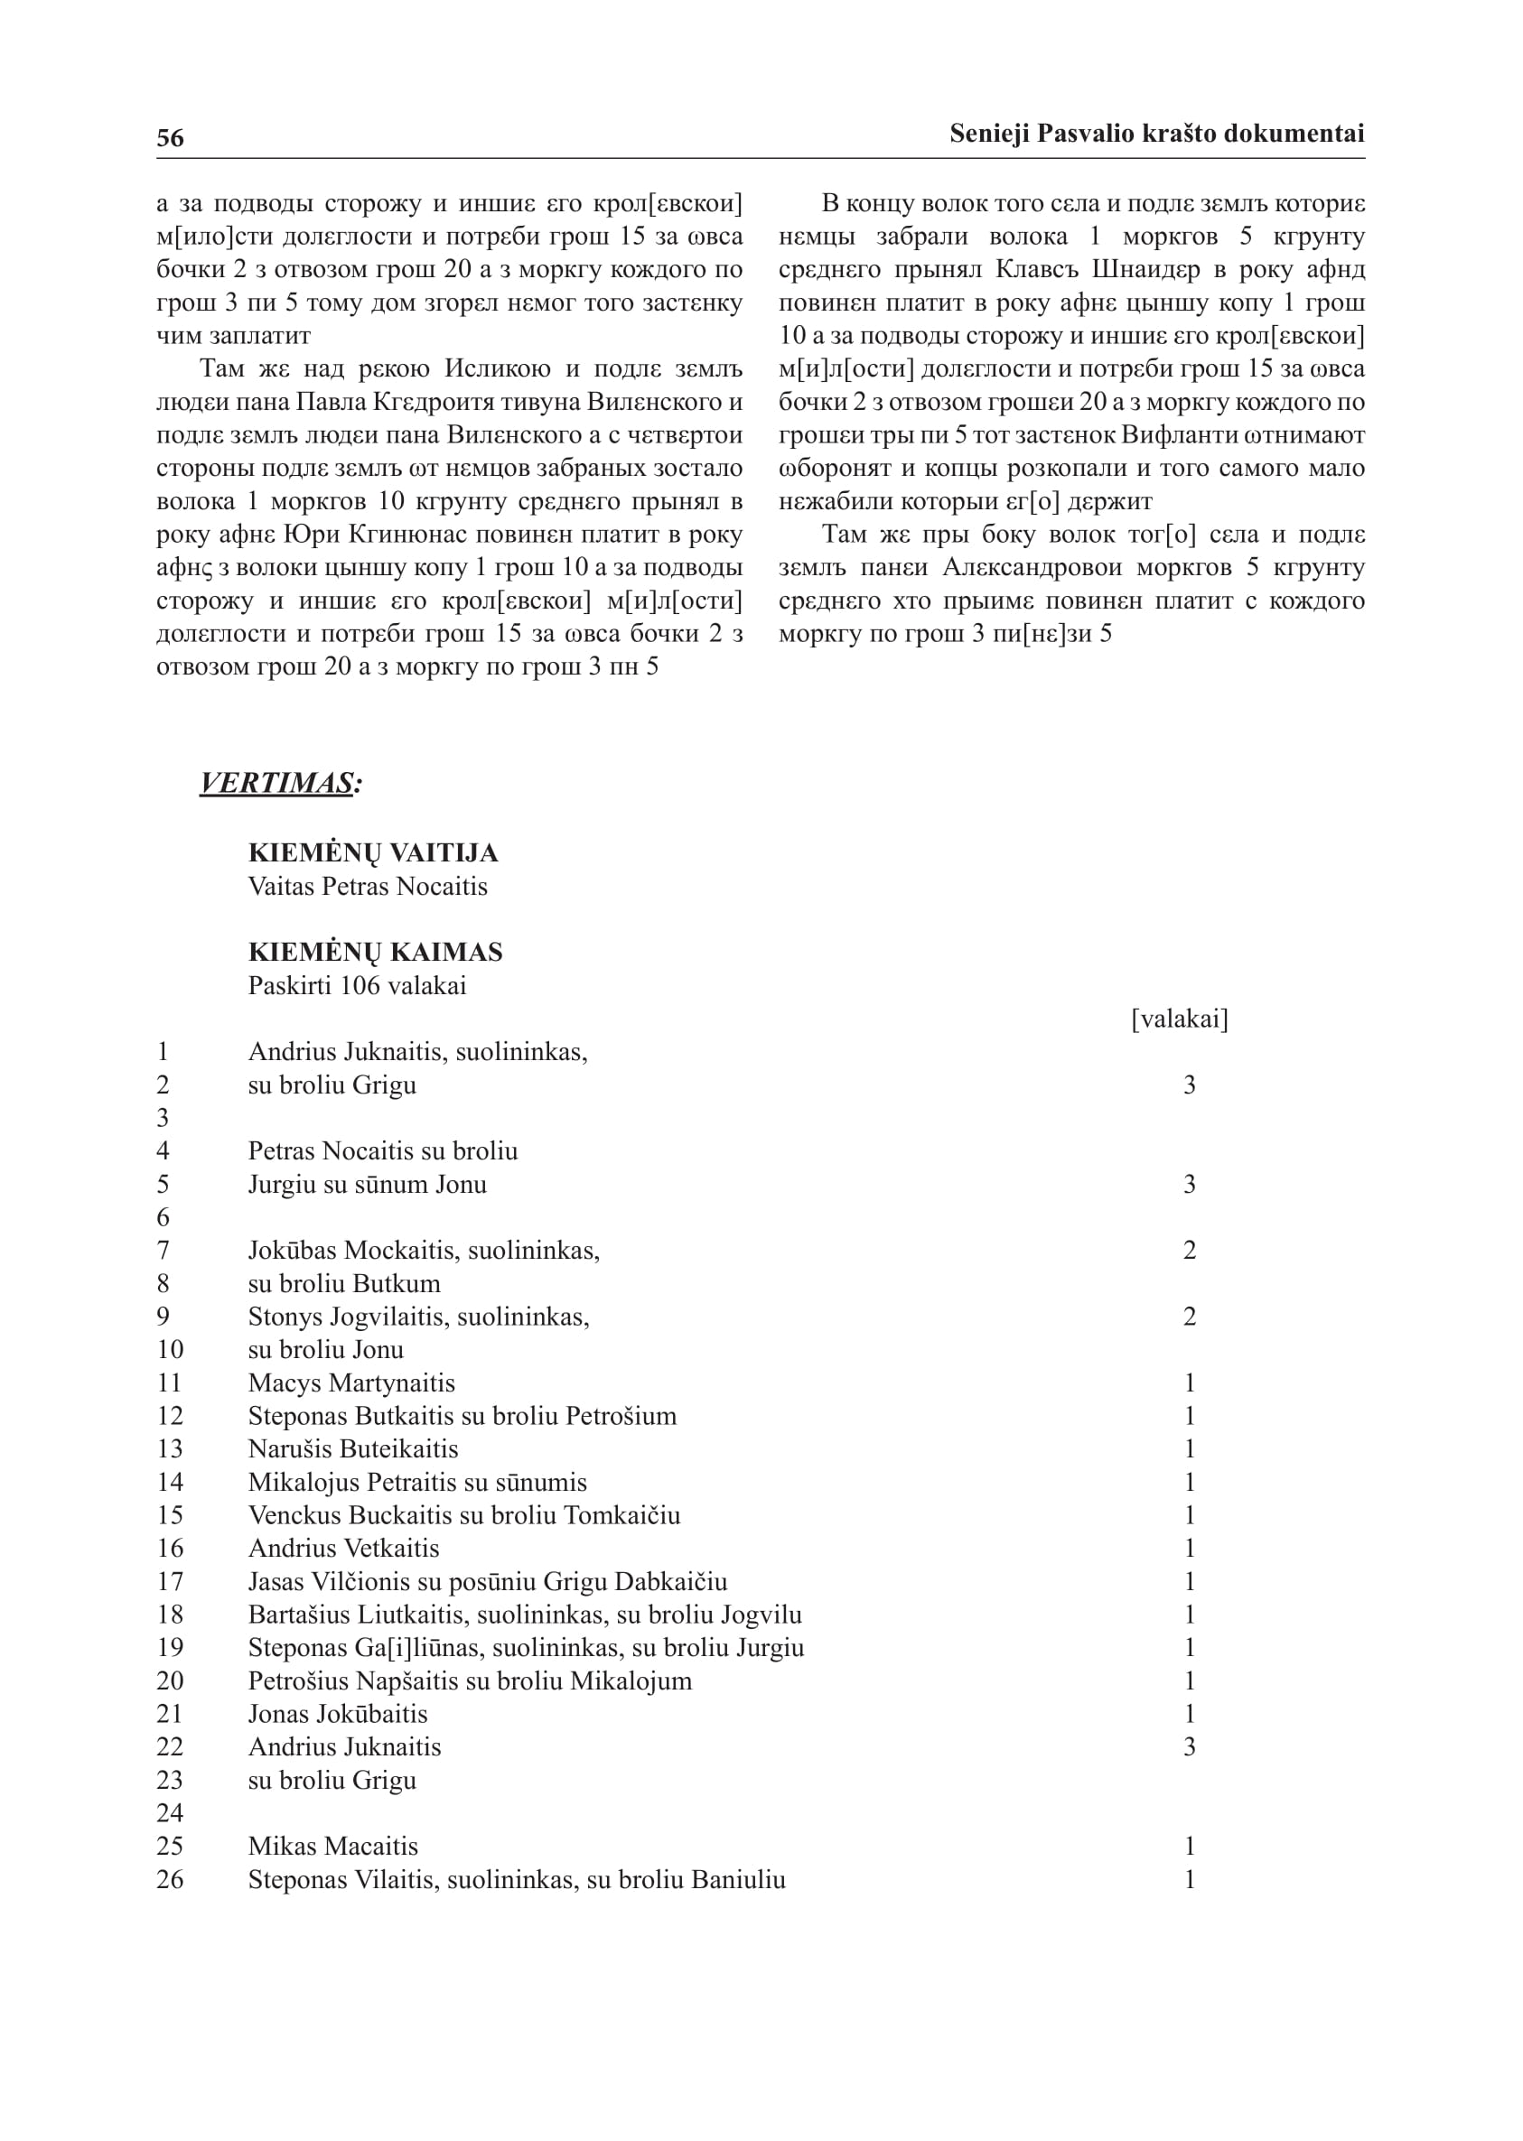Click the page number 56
tap(170, 138)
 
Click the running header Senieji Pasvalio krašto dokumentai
tap(1156, 134)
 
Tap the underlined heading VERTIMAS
tap(278, 783)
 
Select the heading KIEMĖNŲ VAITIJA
tap(372, 853)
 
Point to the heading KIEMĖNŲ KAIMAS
tap(375, 953)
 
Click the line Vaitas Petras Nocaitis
tap(368, 887)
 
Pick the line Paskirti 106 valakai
tap(357, 986)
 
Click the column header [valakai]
tap(1180, 1019)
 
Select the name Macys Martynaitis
tap(351, 1383)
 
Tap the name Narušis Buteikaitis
tap(352, 1449)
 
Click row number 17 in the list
tap(170, 1582)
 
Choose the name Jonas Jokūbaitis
tap(338, 1715)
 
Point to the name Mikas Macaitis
tap(333, 1847)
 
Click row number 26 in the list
tap(170, 1879)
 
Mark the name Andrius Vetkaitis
tap(343, 1549)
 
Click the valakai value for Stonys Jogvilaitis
tap(1189, 1317)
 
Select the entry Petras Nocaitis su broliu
tap(383, 1151)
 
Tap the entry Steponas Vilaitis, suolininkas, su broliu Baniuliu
tap(517, 1879)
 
